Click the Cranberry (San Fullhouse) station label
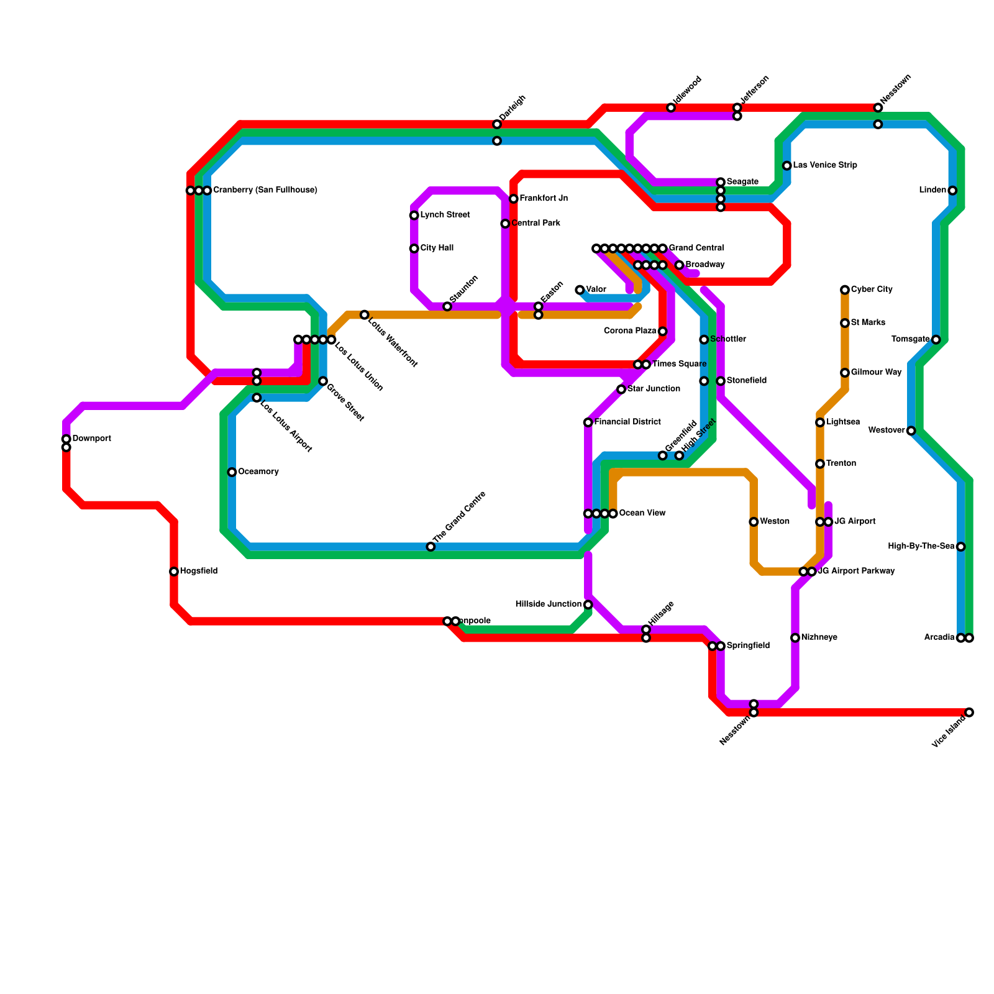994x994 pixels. (x=265, y=190)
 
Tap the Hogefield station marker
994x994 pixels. (x=174, y=572)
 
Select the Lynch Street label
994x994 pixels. (x=445, y=215)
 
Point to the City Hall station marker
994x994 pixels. (x=414, y=248)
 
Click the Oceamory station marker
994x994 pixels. (x=232, y=472)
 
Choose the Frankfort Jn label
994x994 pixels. (x=544, y=199)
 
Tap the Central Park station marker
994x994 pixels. (x=505, y=224)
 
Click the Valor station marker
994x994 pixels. (x=580, y=290)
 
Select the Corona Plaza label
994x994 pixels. (x=630, y=331)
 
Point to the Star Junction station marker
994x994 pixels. (x=621, y=389)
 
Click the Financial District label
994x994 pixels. (x=627, y=422)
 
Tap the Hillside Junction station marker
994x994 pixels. (x=588, y=604)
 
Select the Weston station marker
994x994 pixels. (x=754, y=522)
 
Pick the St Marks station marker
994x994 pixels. (x=845, y=323)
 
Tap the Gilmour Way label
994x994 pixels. (x=876, y=373)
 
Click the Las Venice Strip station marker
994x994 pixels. (x=787, y=166)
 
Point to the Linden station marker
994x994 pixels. (x=952, y=190)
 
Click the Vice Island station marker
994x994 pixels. (x=969, y=712)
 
